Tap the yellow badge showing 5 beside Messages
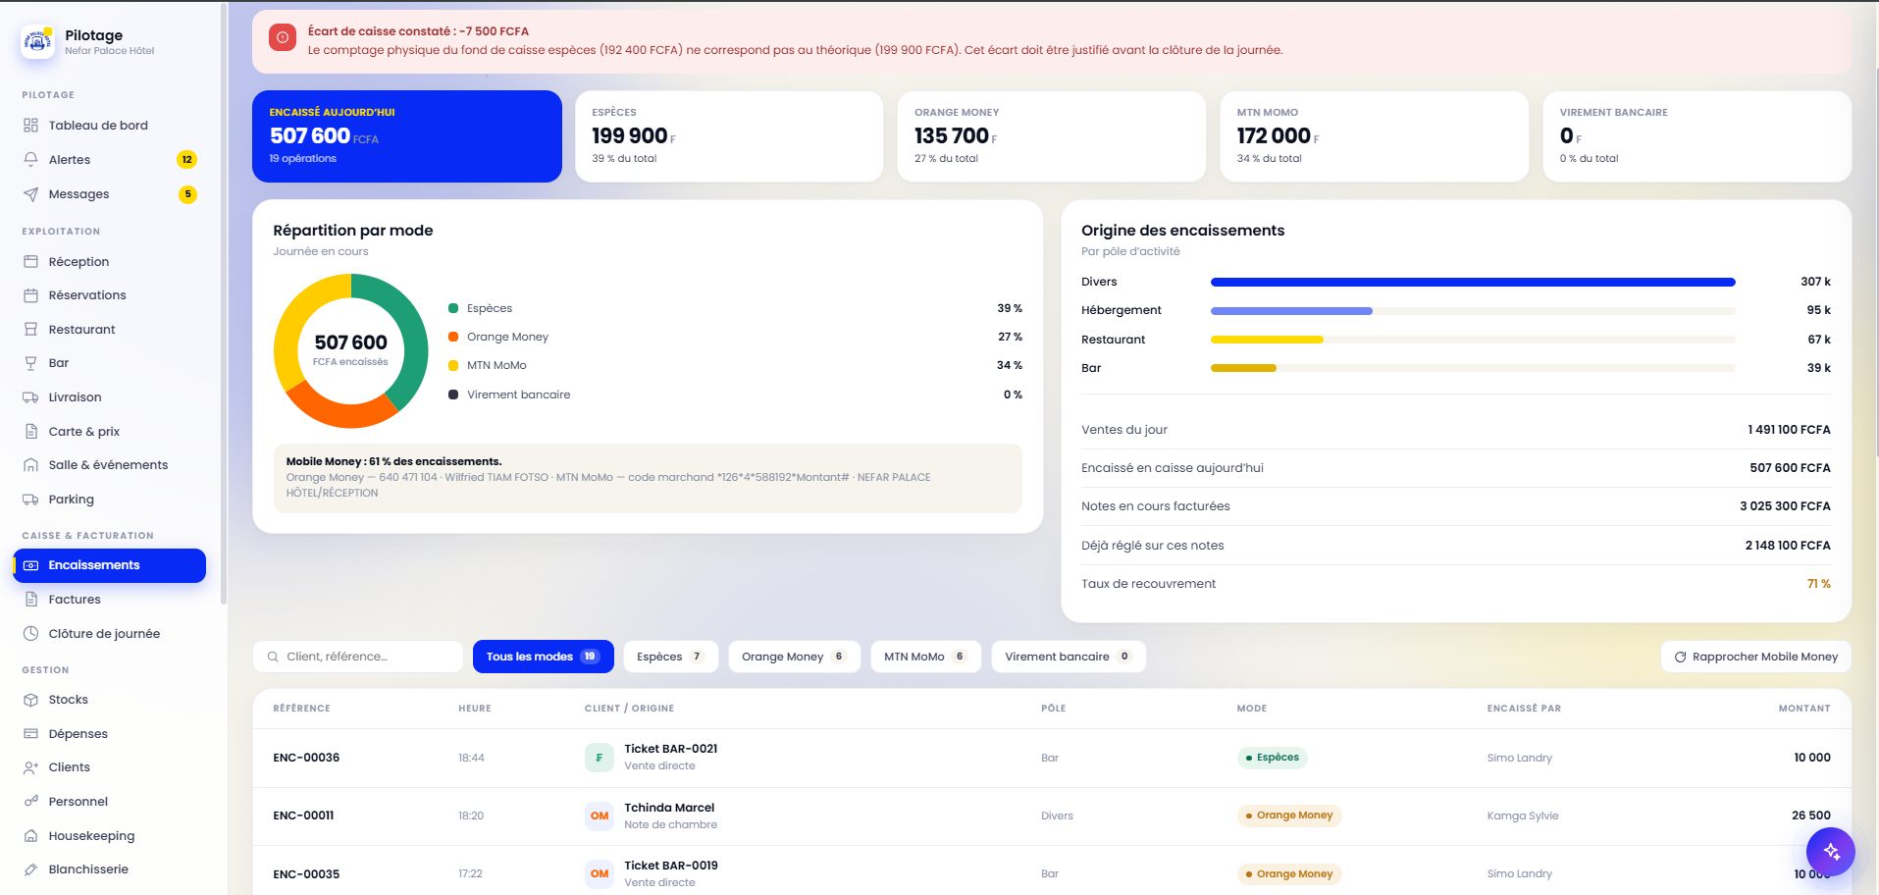(187, 194)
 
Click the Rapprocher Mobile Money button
(1755, 657)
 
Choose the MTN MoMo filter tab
(925, 657)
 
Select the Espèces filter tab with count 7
(670, 657)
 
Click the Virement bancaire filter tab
(1068, 657)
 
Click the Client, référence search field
(358, 657)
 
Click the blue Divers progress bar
(1473, 283)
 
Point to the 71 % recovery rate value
(1818, 584)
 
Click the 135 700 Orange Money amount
(952, 135)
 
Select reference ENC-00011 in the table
(303, 816)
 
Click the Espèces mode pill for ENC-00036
(1272, 758)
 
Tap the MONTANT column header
(1804, 709)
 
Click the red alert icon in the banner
(283, 38)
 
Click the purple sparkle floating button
(1830, 851)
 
